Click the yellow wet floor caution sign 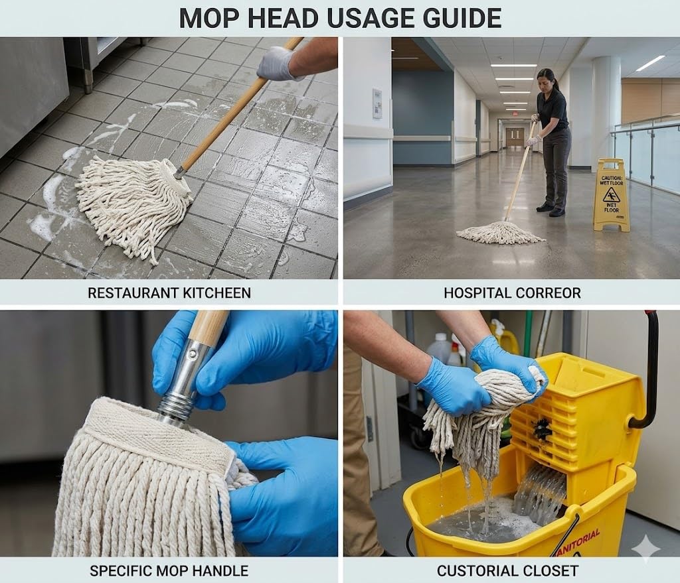[612, 196]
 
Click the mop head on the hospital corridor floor [499, 231]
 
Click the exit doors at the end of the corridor [515, 138]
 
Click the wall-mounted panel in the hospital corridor [377, 103]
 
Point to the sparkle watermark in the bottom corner [645, 549]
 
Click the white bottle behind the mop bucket [436, 351]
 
